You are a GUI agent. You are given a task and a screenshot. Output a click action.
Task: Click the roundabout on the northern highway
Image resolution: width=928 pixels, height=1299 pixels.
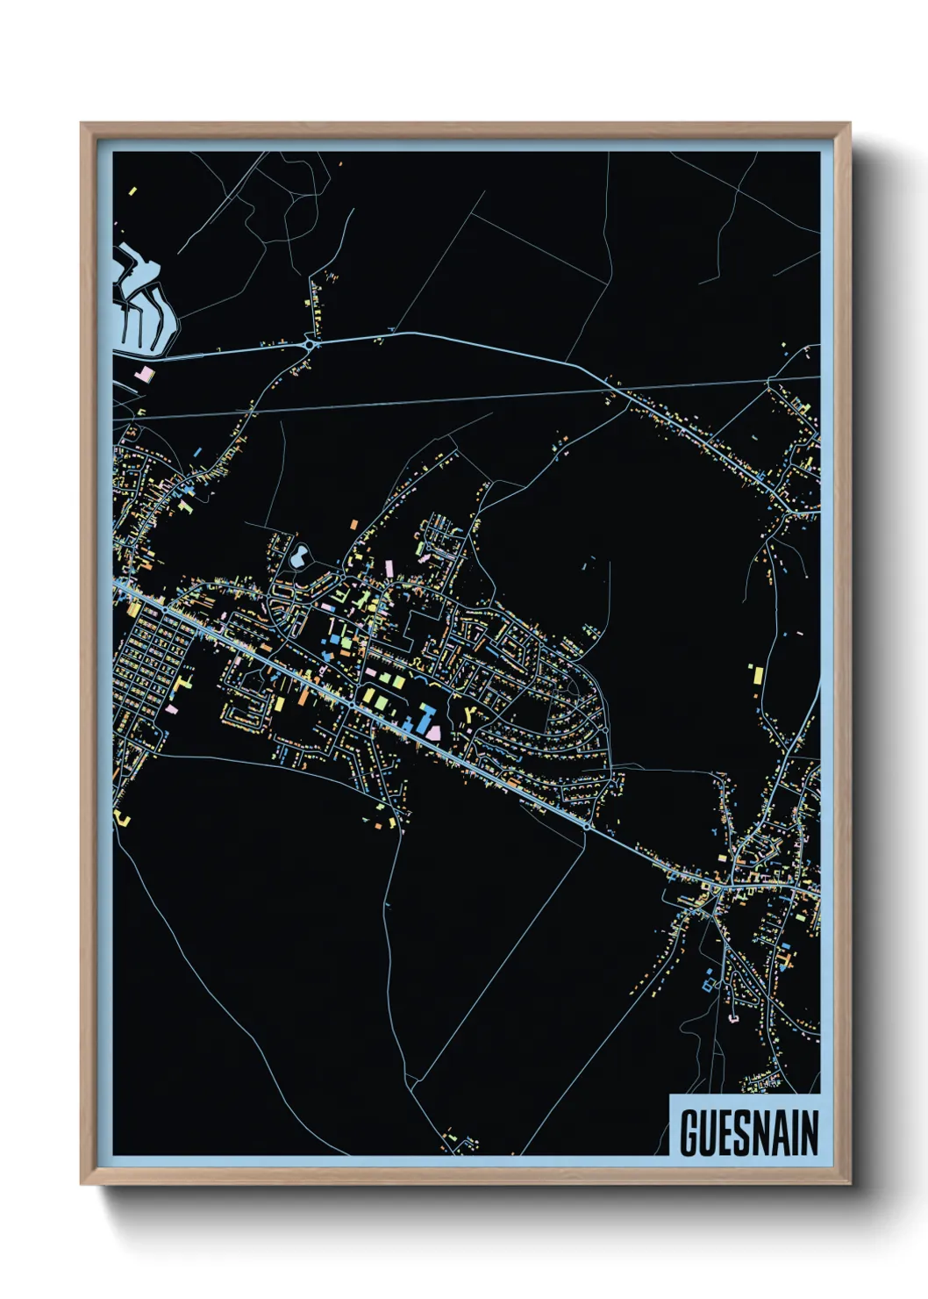coord(310,345)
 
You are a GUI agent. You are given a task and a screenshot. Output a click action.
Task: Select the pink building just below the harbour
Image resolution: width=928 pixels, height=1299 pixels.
coord(144,375)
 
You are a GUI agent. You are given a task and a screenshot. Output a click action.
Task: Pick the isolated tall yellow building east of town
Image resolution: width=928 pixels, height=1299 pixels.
coord(756,676)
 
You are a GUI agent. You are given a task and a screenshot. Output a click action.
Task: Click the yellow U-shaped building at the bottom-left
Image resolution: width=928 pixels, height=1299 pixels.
coord(122,819)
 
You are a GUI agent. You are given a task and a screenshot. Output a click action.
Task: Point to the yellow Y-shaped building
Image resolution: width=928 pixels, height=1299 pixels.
coord(471,714)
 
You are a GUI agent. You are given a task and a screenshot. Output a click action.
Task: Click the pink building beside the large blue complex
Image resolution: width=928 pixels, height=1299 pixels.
coord(433,730)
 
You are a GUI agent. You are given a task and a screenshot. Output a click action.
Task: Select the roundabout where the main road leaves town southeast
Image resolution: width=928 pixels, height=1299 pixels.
coord(586,825)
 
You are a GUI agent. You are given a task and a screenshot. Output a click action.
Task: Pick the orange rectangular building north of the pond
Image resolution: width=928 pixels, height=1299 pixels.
coord(354,525)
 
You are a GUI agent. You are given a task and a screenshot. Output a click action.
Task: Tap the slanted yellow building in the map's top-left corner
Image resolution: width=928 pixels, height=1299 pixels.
coord(132,190)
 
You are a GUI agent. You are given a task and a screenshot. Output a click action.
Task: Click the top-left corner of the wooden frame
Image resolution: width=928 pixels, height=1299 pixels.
coord(82,125)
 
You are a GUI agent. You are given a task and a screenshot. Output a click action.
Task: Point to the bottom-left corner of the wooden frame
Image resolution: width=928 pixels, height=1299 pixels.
coord(82,1182)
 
